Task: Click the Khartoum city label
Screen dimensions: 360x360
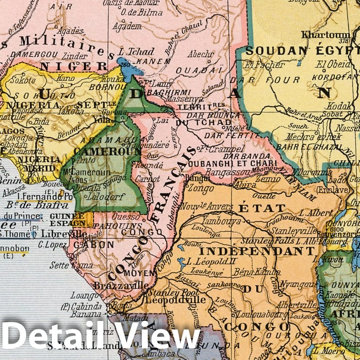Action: (x=325, y=35)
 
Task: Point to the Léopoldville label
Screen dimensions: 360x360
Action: (x=176, y=300)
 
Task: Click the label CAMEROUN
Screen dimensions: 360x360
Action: (x=107, y=151)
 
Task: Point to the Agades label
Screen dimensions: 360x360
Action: (x=70, y=31)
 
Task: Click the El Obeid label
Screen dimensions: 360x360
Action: (x=333, y=65)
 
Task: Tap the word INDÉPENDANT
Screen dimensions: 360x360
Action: (x=257, y=251)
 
